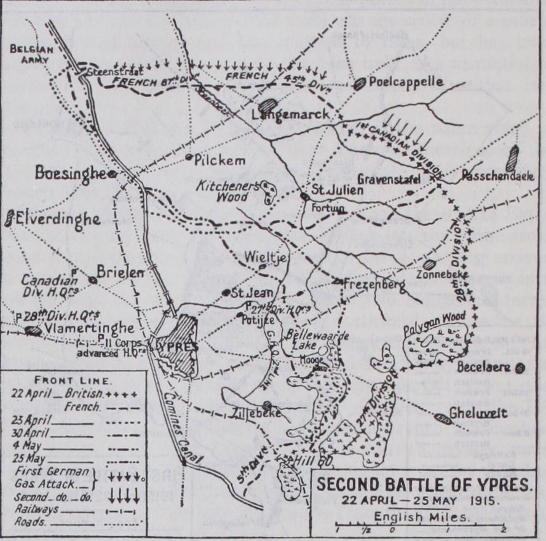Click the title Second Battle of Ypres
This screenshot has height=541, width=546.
424,484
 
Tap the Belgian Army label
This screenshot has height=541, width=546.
31,53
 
